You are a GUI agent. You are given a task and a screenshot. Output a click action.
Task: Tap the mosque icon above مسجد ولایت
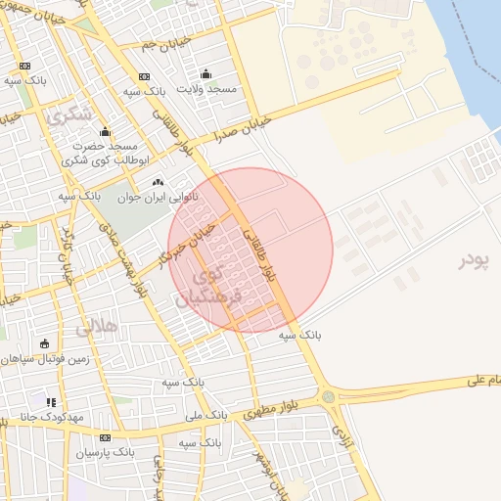point(205,74)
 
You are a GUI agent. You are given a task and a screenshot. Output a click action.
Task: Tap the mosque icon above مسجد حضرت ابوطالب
point(105,132)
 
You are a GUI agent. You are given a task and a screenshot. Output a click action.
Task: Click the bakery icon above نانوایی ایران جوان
point(158,183)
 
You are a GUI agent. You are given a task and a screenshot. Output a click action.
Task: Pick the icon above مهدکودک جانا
point(50,401)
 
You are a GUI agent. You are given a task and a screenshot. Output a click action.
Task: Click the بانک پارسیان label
point(105,452)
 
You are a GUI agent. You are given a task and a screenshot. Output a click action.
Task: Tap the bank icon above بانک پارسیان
point(105,437)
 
